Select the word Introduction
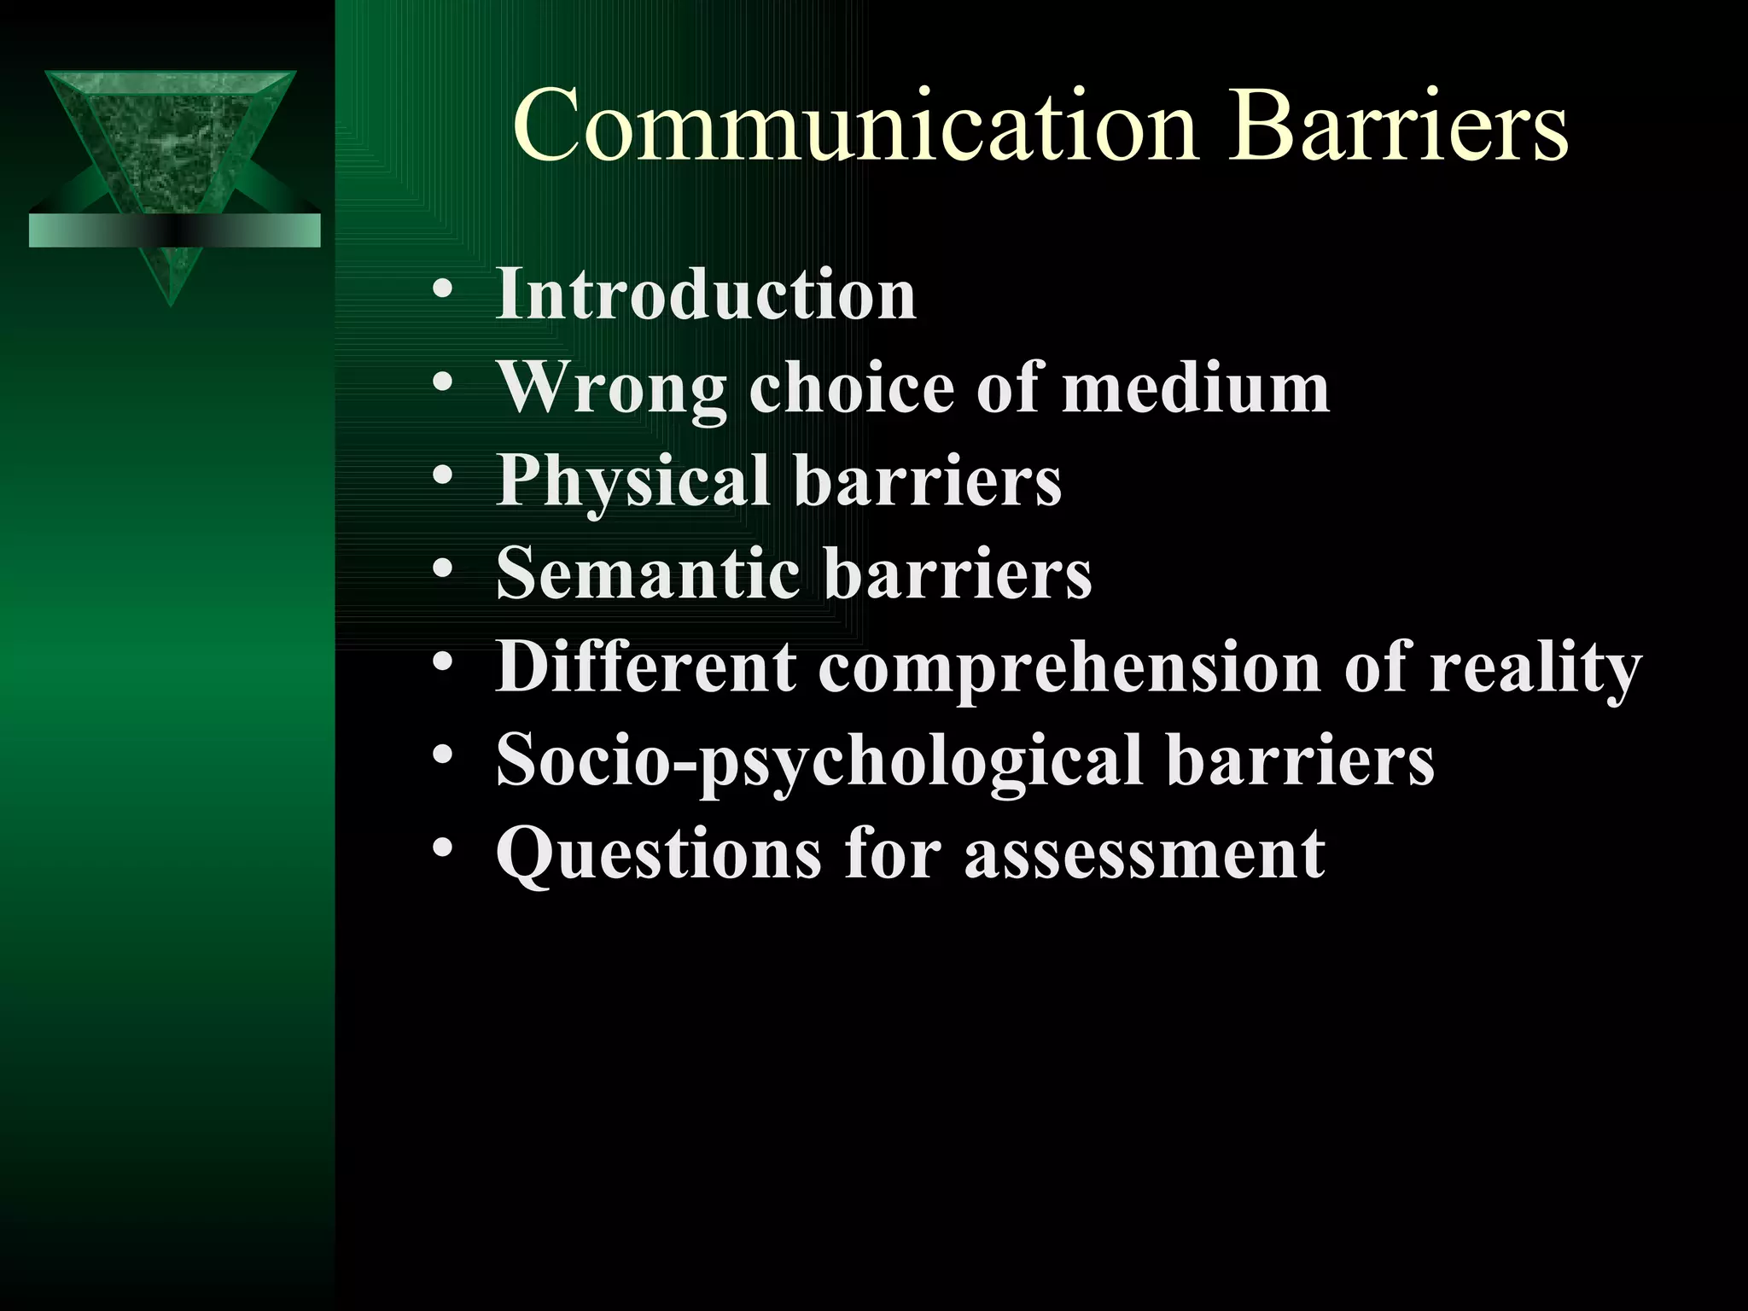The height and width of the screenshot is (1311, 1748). pyautogui.click(x=706, y=295)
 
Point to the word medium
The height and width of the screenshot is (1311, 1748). pyautogui.click(x=1195, y=388)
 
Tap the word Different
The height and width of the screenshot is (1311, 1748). pyautogui.click(x=646, y=667)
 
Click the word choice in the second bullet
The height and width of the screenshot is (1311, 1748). pyautogui.click(x=851, y=388)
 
